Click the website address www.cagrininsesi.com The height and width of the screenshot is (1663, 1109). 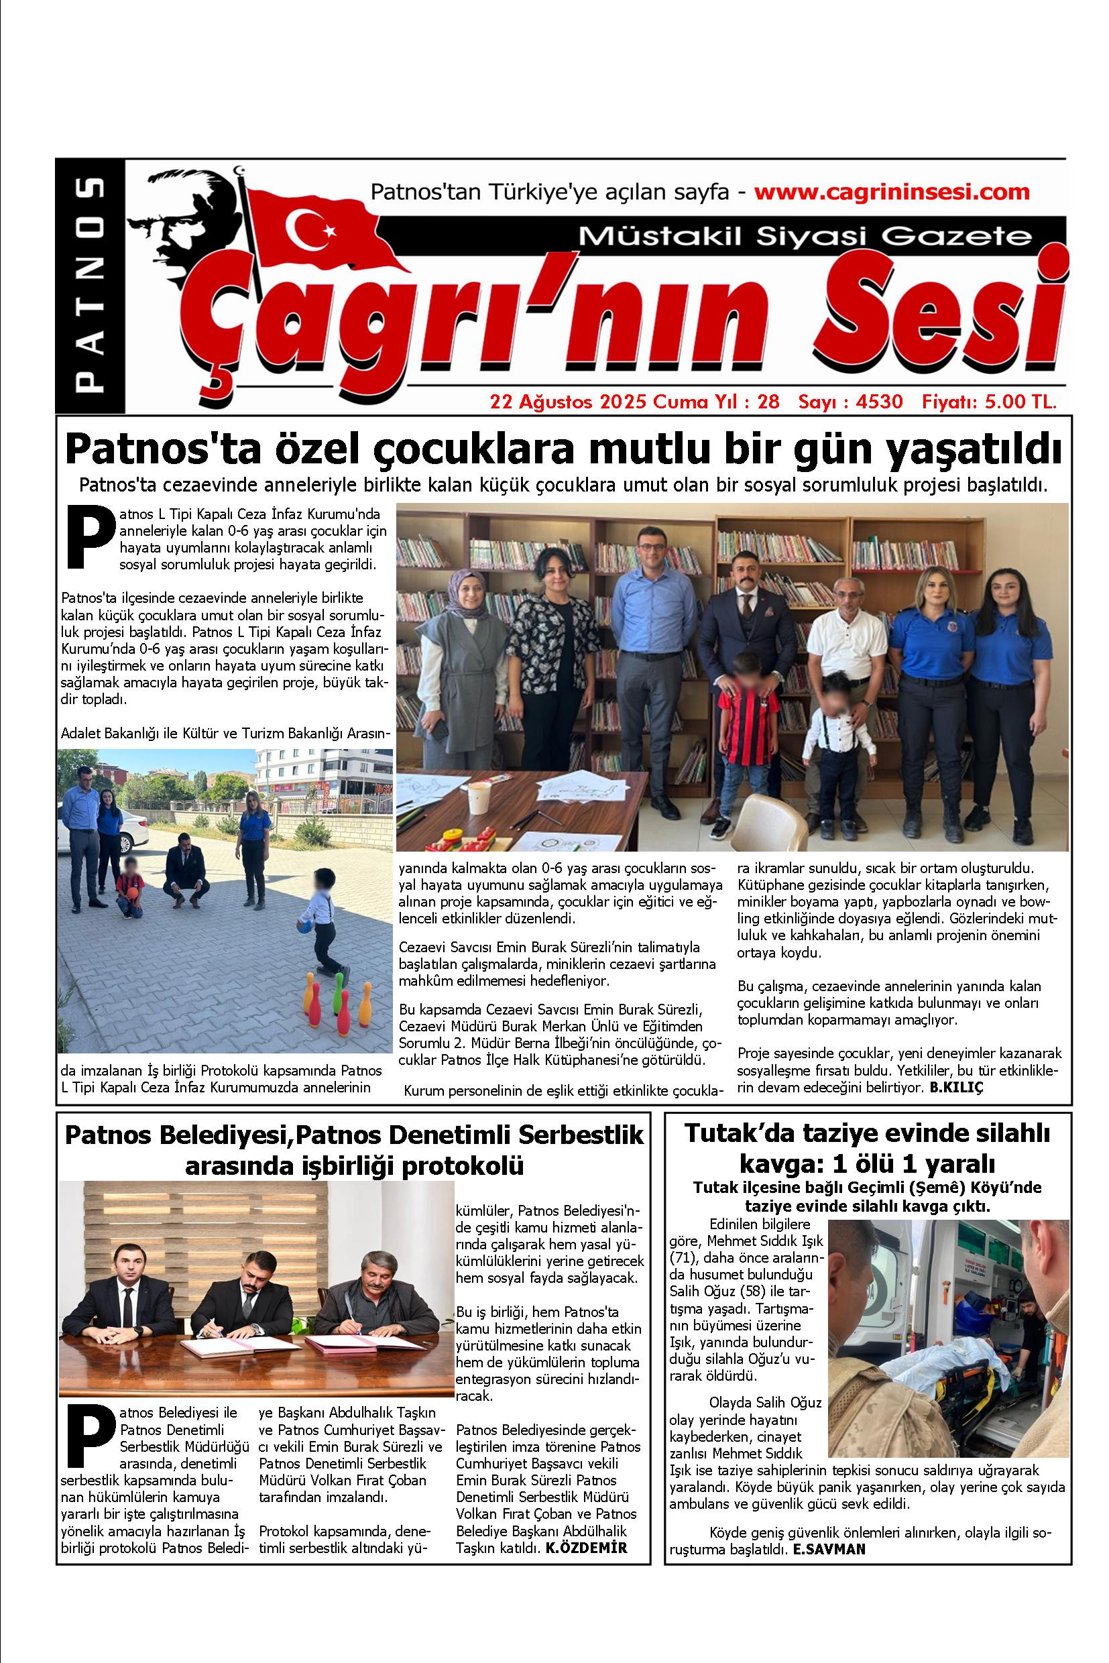(892, 192)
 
